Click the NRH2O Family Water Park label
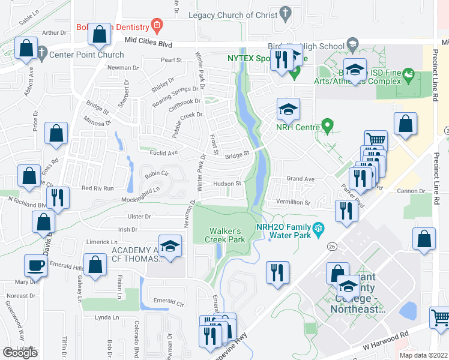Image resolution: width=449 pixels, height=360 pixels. coord(284,231)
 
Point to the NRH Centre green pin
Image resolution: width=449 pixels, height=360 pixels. coord(327,126)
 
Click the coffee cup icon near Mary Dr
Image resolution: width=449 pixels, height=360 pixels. coord(35,265)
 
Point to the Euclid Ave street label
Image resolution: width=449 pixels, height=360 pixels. coord(164,153)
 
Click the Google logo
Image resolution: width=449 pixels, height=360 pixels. coord(20,352)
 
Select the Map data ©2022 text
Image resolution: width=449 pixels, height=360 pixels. coord(423,355)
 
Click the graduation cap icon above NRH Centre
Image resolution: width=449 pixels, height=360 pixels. coord(288,109)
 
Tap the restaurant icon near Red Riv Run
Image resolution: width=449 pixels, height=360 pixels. coord(58,197)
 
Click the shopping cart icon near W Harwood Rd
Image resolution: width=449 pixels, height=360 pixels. coord(440,317)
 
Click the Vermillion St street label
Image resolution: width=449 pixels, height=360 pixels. coord(292,202)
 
